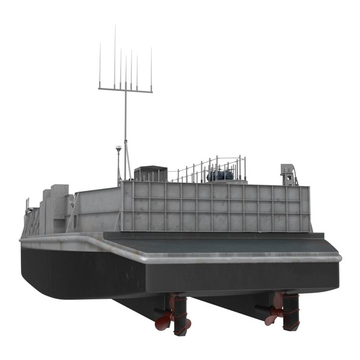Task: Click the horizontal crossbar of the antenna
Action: pos(125,90)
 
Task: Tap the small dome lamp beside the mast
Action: pos(119,148)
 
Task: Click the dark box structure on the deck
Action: pos(150,174)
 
